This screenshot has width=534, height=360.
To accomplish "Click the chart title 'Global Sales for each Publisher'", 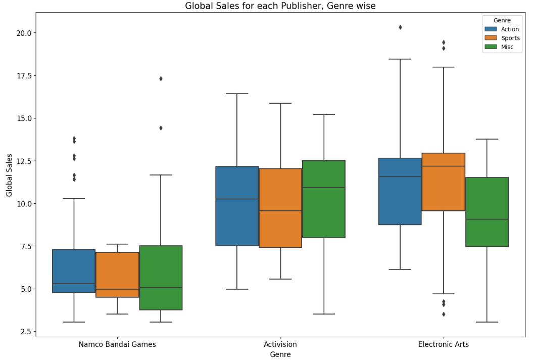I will [280, 6].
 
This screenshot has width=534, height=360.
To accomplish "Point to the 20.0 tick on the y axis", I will [23, 33].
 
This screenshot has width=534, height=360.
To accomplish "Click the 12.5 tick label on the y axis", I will [23, 161].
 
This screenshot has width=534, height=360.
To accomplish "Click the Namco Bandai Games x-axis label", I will [117, 344].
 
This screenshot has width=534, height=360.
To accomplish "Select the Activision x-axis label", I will [280, 344].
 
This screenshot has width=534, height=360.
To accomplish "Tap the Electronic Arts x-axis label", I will [443, 344].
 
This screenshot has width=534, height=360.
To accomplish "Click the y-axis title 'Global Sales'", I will [9, 175].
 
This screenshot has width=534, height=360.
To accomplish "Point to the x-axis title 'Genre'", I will [280, 354].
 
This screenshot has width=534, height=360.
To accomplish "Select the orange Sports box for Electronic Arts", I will [443, 182].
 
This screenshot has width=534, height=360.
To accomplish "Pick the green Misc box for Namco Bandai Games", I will [161, 278].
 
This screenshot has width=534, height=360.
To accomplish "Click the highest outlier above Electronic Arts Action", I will [400, 27].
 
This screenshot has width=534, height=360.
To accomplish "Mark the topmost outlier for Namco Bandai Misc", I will [161, 78].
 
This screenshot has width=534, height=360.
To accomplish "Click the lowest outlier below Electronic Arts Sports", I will [444, 314].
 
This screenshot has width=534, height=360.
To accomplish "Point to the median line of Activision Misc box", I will [324, 188].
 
